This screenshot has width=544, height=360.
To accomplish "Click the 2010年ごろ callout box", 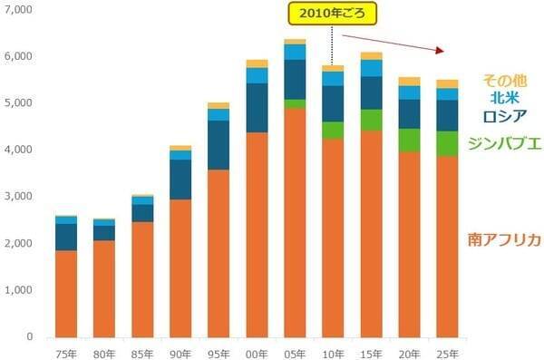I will click(332, 15).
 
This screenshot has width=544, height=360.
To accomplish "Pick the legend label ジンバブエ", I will click(504, 142).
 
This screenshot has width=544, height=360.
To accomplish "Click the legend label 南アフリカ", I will click(504, 239).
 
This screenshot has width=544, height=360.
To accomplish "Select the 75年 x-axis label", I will click(66, 352).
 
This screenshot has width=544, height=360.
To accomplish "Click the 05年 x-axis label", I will click(295, 352).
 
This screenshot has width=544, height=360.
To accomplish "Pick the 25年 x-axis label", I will click(447, 352).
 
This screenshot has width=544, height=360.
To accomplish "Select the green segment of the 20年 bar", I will click(409, 140).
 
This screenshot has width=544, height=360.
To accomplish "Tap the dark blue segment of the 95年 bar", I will click(219, 145).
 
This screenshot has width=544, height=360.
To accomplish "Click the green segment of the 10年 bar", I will click(333, 130).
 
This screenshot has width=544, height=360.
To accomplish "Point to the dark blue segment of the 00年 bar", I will click(257, 108).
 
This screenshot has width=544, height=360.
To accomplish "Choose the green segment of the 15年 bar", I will click(371, 120).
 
